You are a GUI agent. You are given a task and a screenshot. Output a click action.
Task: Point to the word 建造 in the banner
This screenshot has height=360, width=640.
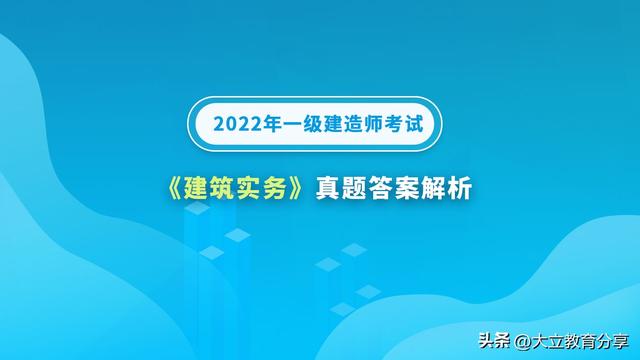click(x=345, y=127)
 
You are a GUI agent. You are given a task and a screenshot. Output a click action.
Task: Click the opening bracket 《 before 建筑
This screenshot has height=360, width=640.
click(x=173, y=187)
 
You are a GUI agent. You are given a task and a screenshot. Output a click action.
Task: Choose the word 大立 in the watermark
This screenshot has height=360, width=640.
click(x=539, y=341)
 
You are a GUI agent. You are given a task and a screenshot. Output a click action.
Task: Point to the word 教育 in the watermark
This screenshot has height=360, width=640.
click(x=574, y=341)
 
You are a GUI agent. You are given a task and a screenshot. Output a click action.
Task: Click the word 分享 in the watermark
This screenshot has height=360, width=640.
click(x=608, y=341)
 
